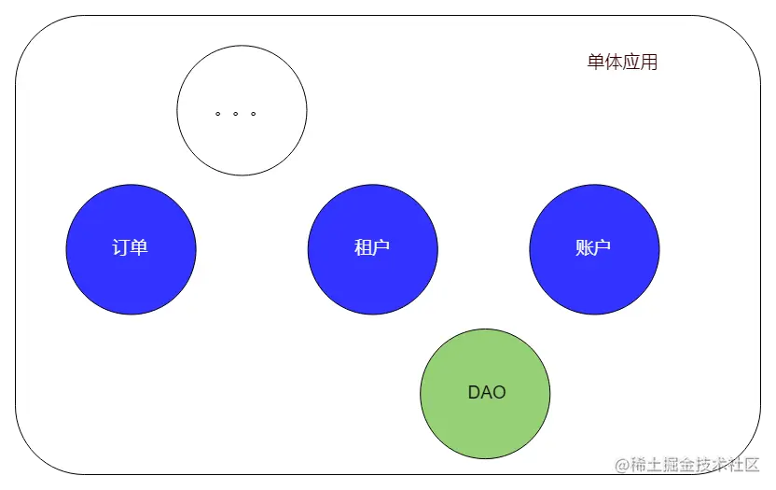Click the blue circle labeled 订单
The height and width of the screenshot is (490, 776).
[x=131, y=249]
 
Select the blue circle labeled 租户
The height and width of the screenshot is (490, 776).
[x=372, y=249]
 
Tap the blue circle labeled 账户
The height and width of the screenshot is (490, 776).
[x=594, y=249]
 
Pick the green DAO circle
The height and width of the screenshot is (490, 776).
[x=485, y=393]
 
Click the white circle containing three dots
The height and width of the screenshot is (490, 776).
[x=242, y=111]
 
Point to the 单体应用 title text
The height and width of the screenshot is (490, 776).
[x=622, y=63]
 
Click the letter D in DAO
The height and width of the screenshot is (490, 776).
[x=474, y=393]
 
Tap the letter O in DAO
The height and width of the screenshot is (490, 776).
[x=499, y=393]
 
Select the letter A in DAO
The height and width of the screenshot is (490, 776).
[x=486, y=393]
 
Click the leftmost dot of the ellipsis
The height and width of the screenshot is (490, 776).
[x=217, y=114]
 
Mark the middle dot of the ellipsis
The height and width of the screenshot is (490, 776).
[x=235, y=114]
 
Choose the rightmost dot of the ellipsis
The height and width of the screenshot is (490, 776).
[x=253, y=114]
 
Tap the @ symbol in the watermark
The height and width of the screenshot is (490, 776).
[x=622, y=464]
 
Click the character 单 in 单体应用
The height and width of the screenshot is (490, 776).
[x=596, y=63]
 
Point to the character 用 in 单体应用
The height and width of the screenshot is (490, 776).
[x=649, y=63]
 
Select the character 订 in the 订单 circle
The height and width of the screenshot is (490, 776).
[x=121, y=249]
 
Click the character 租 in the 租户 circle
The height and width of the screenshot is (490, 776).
[x=363, y=249]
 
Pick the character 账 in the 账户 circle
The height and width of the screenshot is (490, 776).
[x=585, y=249]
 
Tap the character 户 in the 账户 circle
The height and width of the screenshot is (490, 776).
[x=603, y=249]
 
